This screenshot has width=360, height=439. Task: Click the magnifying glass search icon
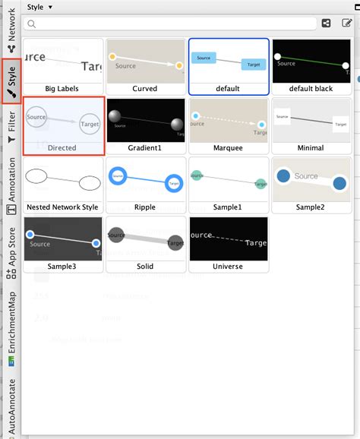[32, 24]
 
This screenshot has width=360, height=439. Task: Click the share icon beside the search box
[327, 24]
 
